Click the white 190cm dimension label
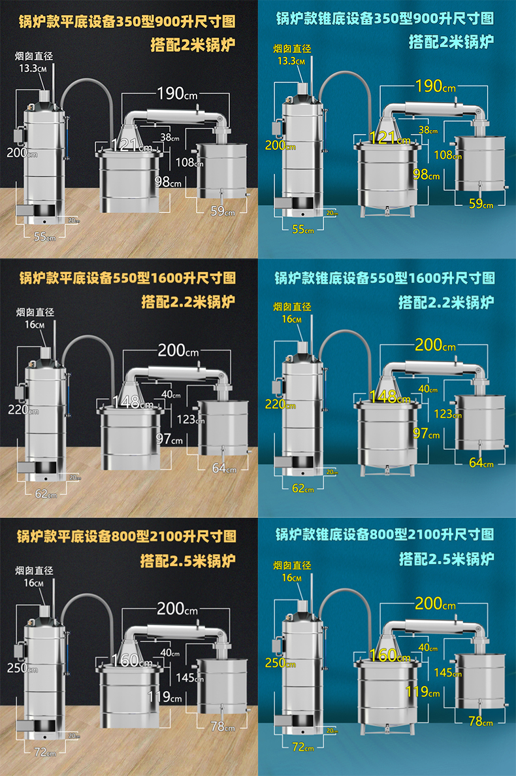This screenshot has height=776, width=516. [x=176, y=93]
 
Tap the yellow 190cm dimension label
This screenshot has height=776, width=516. [x=435, y=85]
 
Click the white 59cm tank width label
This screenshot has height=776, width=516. [x=221, y=211]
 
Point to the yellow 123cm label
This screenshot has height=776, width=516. [x=447, y=414]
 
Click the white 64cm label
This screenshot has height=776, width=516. [x=223, y=468]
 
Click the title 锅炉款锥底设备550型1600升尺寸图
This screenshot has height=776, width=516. [x=384, y=278]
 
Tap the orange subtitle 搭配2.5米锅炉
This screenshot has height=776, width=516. [x=188, y=561]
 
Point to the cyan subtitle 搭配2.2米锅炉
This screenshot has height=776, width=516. [x=446, y=302]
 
